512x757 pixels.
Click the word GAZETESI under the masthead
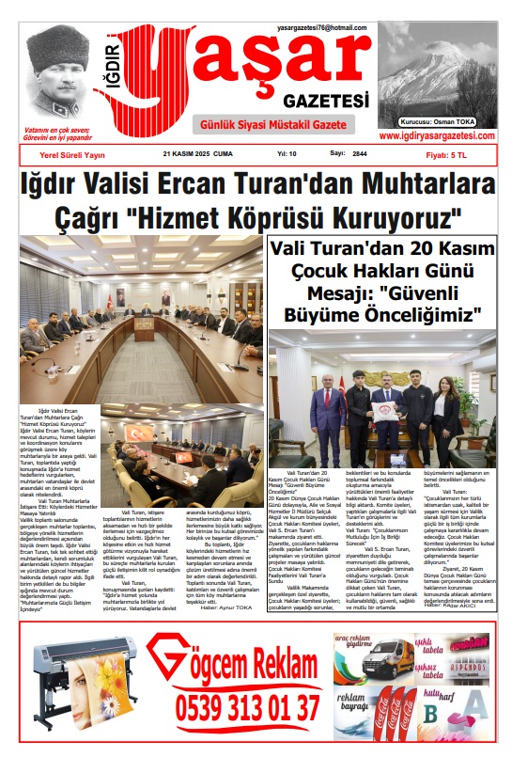(x=319, y=101)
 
